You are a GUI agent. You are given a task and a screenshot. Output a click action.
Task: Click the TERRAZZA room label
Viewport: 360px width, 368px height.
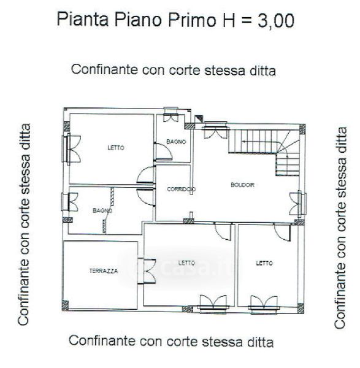(x=104, y=271)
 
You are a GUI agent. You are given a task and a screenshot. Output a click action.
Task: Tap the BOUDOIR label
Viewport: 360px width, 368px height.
(x=242, y=185)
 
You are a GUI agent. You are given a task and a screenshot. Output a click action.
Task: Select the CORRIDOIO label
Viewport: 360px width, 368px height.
(x=181, y=189)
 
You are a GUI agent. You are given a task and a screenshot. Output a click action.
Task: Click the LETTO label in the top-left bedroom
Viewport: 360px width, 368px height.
(x=116, y=148)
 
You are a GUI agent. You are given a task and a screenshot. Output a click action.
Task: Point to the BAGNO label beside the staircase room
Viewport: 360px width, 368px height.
(x=176, y=142)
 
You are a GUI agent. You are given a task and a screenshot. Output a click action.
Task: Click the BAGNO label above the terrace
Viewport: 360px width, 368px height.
(x=102, y=210)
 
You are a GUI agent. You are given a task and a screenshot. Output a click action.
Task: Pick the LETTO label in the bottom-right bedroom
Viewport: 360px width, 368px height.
(x=264, y=263)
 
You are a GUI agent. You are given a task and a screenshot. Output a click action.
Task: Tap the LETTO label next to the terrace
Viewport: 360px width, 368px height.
(x=186, y=263)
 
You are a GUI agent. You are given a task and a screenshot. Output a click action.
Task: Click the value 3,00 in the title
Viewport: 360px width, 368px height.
(x=275, y=20)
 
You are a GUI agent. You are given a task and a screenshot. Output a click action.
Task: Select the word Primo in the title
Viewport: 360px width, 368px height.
(x=192, y=20)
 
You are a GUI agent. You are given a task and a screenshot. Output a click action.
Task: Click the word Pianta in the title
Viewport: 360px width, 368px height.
(x=83, y=19)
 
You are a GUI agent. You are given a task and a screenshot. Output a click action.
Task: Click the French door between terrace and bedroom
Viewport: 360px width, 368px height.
(x=147, y=271)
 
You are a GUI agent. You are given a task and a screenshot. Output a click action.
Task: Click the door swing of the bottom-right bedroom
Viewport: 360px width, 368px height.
(x=282, y=232)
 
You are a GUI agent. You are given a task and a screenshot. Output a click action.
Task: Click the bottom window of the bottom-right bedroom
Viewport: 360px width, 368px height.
(x=264, y=304)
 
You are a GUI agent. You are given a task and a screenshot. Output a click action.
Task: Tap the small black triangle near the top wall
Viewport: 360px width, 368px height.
(x=199, y=118)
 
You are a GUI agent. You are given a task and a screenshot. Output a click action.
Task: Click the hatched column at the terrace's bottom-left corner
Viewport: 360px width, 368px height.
(x=65, y=305)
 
